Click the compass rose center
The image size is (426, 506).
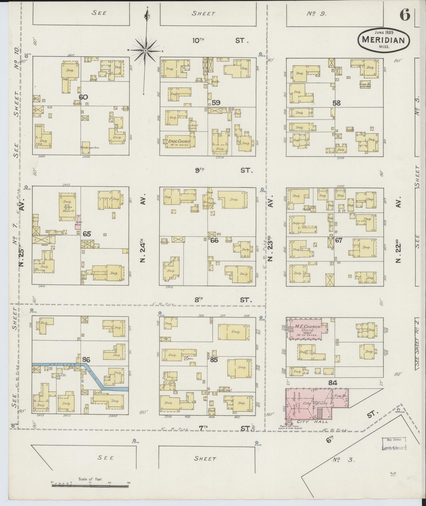click(x=145, y=51)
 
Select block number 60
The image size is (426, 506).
click(x=83, y=97)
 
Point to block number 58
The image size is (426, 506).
click(x=336, y=103)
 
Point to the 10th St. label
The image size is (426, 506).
click(x=220, y=40)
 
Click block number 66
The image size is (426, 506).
click(x=214, y=240)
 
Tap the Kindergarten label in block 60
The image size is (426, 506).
click(x=90, y=147)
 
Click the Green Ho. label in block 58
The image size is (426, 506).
click(x=365, y=85)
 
